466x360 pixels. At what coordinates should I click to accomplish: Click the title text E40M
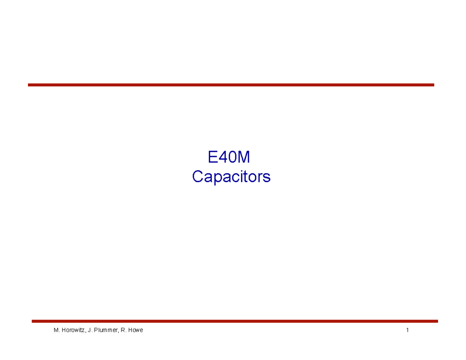coord(228,157)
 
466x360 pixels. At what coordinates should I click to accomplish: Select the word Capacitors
coord(231,177)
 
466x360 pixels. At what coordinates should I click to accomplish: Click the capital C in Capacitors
coord(198,177)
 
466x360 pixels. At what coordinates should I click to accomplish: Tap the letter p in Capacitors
coord(218,178)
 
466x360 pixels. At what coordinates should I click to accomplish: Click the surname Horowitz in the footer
coord(75,330)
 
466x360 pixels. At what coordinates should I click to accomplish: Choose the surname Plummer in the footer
coord(104,330)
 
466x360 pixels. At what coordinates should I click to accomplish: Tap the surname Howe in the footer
coord(136,330)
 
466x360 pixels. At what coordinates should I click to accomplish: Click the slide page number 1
coord(407,330)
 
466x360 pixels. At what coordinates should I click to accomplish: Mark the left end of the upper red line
coord(29,85)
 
